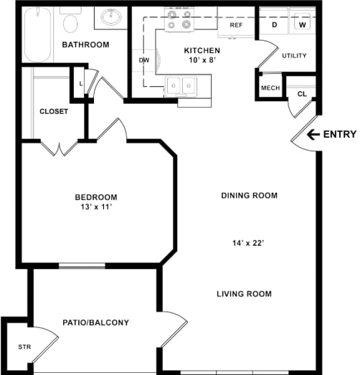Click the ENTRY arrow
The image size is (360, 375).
tap(313, 134)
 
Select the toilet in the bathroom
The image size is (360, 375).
tap(70, 24)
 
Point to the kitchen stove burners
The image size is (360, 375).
tap(179, 22)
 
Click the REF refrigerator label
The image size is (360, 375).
tap(235, 25)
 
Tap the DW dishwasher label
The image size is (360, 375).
tap(143, 61)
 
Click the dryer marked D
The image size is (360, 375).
tap(274, 24)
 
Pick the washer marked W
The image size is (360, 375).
tap(303, 24)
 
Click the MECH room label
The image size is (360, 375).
tap(270, 88)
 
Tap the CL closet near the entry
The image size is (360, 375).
tap(301, 94)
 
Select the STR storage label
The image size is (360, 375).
tap(24, 347)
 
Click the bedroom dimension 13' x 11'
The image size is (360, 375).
tap(95, 209)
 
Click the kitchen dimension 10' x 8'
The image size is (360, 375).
tap(202, 62)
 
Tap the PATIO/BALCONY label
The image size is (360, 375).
tap(95, 323)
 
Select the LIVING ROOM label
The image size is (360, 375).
tap(245, 293)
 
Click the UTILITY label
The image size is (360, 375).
tap(294, 55)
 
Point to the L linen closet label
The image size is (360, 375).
tap(80, 84)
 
